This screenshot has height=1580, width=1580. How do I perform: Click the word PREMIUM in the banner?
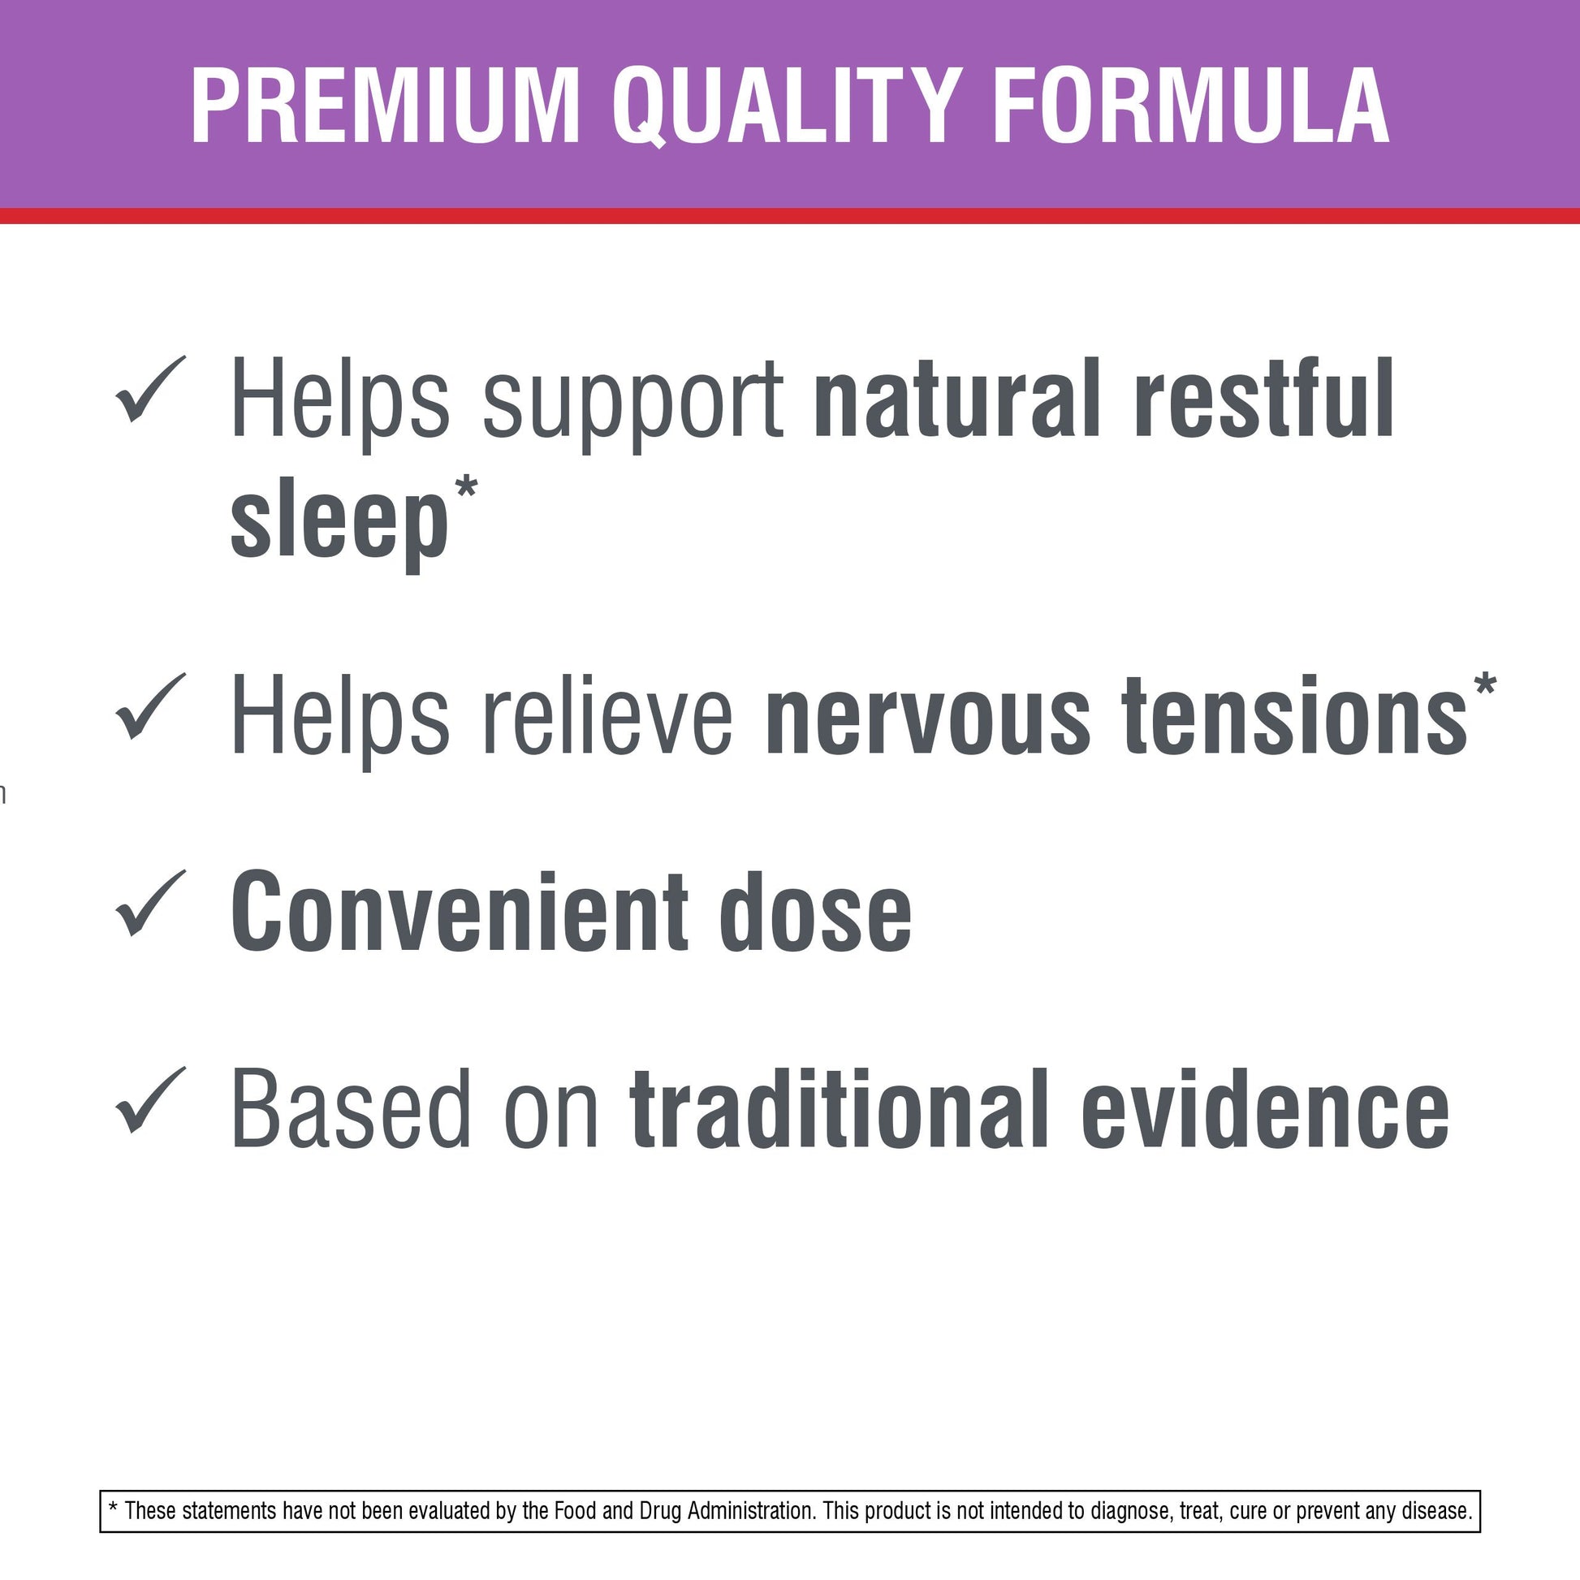point(385,106)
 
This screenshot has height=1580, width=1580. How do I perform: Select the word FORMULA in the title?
point(1191,106)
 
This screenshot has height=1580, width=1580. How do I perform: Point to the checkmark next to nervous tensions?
point(151,706)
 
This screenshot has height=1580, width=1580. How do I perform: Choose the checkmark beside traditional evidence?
point(151,1100)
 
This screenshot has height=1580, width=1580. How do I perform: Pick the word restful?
point(1264,399)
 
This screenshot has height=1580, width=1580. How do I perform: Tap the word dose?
point(816,911)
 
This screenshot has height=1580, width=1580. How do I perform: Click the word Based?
point(352,1109)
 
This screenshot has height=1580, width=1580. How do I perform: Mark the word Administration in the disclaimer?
point(751,1510)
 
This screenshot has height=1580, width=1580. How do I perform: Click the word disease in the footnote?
point(1437,1510)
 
